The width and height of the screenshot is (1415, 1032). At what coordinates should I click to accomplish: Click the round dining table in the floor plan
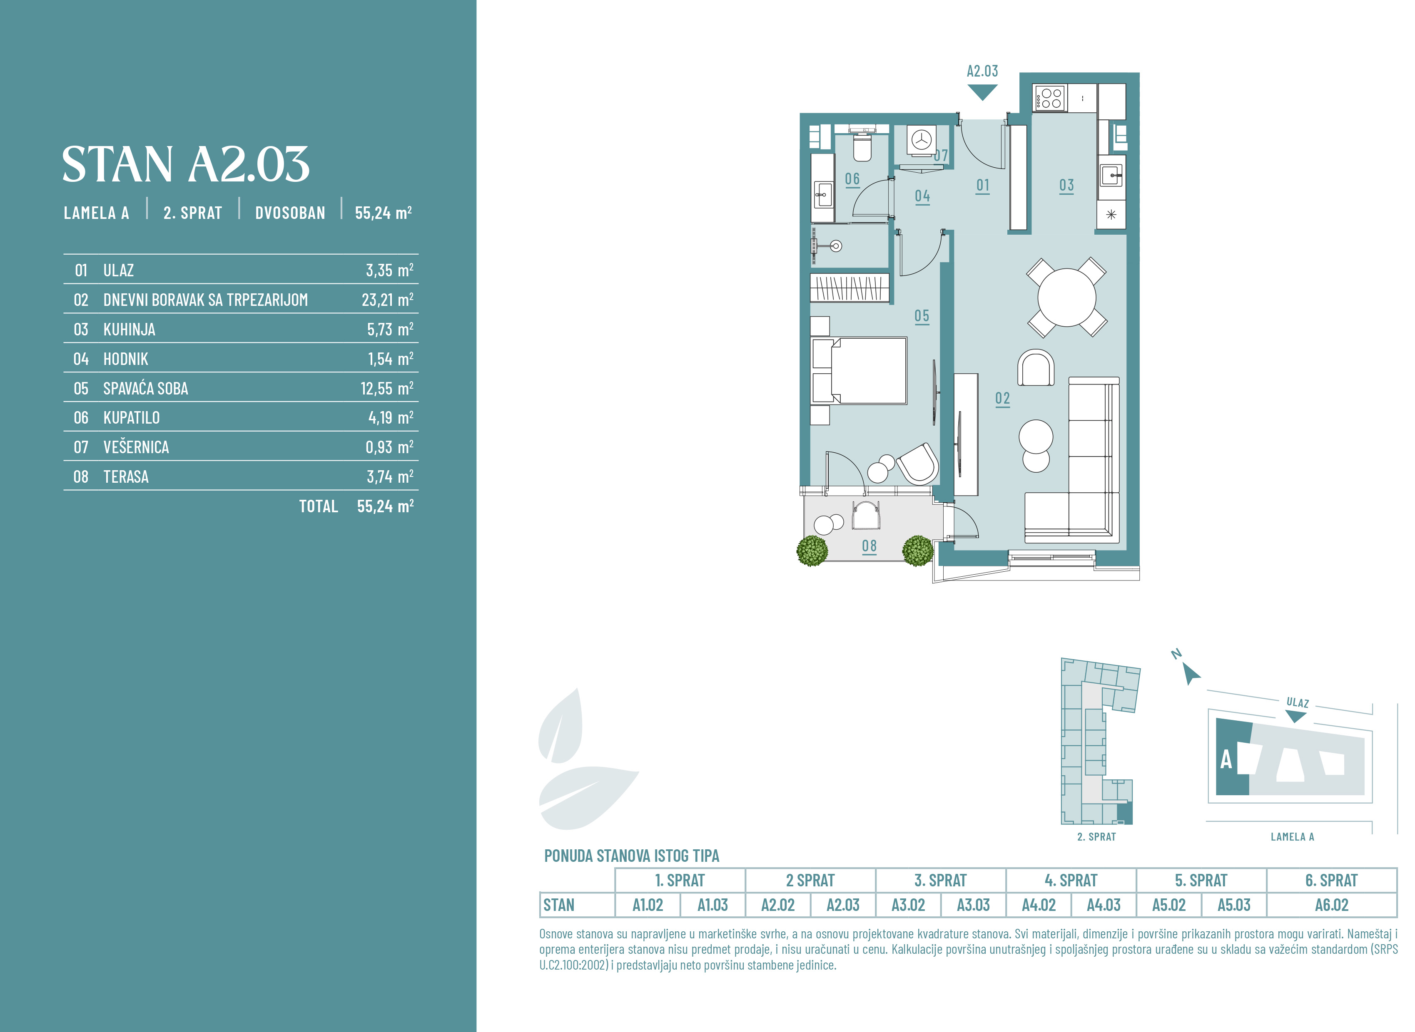1066,298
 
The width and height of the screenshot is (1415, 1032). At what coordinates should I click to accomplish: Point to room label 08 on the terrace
869,546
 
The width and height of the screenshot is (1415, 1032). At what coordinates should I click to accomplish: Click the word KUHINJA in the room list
130,329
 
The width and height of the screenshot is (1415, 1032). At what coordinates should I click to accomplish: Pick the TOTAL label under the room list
318,506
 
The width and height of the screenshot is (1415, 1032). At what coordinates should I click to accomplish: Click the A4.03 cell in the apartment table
1104,905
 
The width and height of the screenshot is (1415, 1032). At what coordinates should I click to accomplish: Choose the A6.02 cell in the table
1332,905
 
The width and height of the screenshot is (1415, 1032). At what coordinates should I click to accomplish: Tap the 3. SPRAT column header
941,880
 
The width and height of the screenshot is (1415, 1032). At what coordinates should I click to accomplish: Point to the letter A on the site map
1226,759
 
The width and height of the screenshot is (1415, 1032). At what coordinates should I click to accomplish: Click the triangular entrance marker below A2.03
982,92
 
